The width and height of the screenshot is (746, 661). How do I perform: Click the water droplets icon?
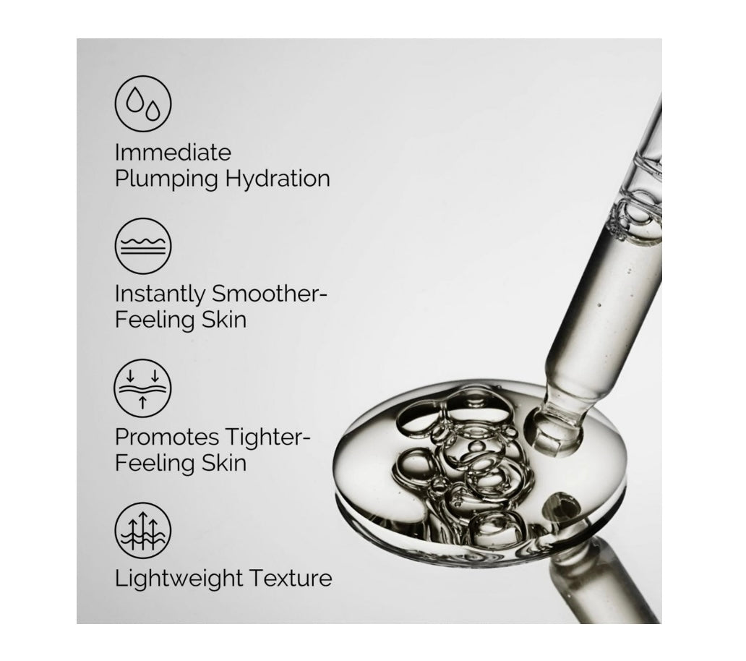pos(142,103)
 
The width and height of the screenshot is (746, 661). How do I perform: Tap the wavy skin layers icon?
pos(142,246)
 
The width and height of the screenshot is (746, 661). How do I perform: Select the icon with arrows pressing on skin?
pos(142,388)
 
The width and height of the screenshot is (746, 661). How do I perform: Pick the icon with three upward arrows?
pos(142,530)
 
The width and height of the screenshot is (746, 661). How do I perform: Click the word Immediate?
pos(173,153)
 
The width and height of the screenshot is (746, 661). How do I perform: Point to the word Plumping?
pos(166,180)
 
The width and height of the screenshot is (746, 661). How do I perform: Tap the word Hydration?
pos(278,179)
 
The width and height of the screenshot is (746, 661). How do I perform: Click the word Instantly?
pos(159,294)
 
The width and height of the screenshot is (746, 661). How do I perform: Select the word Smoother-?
pos(270,294)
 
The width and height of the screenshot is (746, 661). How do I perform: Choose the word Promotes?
pos(166,437)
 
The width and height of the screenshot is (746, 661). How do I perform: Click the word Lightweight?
pos(179,579)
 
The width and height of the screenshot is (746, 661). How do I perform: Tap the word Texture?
pos(291,579)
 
